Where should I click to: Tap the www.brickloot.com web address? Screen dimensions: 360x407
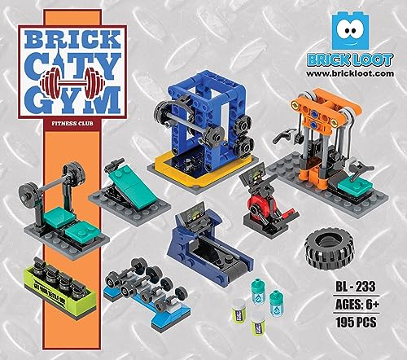[x=358, y=72]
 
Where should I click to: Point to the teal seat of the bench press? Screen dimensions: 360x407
[x=59, y=217]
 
